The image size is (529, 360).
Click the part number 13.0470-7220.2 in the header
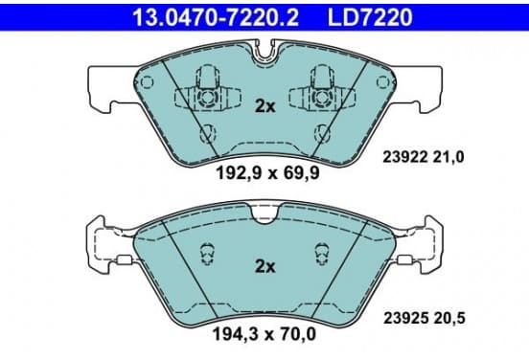pyautogui.click(x=216, y=17)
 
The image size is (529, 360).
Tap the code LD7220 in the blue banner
pyautogui.click(x=370, y=17)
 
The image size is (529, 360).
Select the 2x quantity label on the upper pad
pyautogui.click(x=264, y=106)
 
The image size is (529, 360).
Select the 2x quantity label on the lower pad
pyautogui.click(x=264, y=266)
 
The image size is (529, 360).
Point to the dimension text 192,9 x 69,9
pyautogui.click(x=267, y=173)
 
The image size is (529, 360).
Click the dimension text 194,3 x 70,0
pyautogui.click(x=264, y=334)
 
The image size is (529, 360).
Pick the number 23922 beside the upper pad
pyautogui.click(x=405, y=157)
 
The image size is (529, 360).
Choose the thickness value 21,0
pyautogui.click(x=448, y=157)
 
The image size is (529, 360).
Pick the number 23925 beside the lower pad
pyautogui.click(x=406, y=318)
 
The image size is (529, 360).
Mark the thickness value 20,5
pyautogui.click(x=449, y=318)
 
